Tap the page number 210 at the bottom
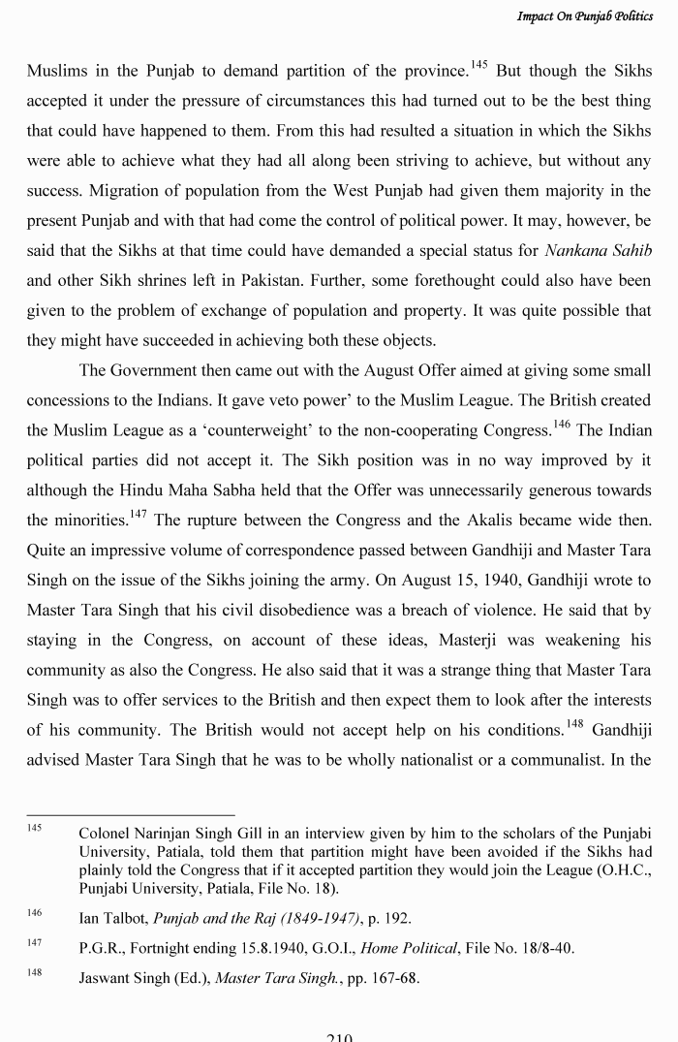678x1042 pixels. [x=339, y=1035]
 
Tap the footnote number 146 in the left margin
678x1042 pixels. [x=35, y=913]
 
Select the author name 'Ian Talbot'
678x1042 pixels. [x=114, y=917]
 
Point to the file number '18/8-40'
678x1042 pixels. [x=545, y=948]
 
